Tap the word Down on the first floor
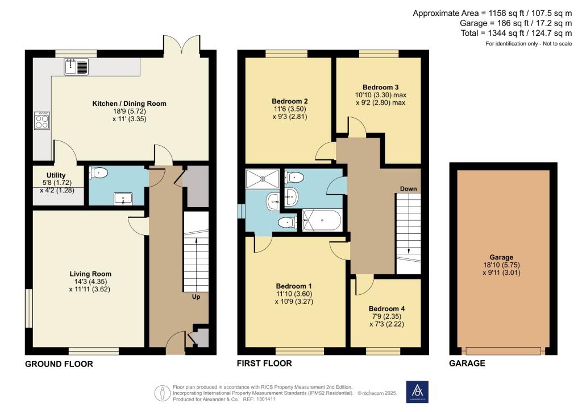point(409,188)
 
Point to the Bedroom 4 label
point(386,309)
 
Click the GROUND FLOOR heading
point(59,364)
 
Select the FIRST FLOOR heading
point(265,364)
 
